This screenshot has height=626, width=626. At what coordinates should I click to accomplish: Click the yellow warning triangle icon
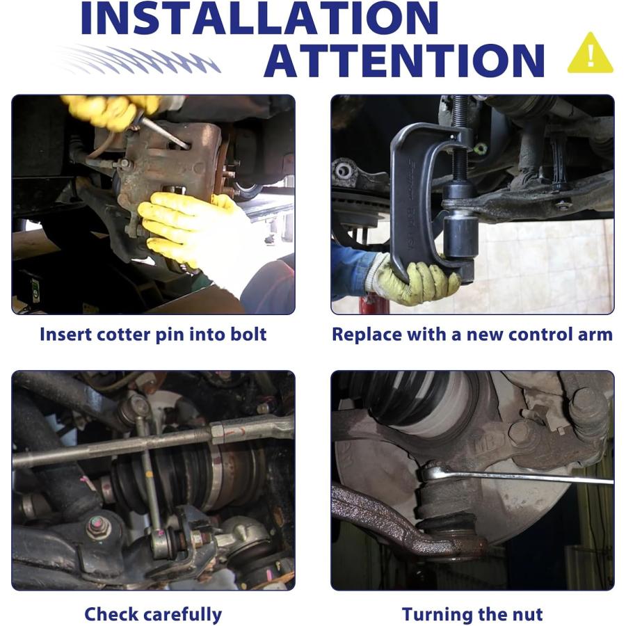(x=590, y=54)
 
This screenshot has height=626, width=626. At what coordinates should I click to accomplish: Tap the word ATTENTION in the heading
(x=404, y=61)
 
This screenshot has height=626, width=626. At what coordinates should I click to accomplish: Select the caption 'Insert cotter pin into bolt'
(x=153, y=335)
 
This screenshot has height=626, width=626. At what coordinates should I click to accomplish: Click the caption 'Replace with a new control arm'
(x=472, y=335)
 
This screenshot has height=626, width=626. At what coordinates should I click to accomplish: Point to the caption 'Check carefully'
(x=153, y=615)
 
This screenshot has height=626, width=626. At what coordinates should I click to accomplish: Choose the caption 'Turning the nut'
(x=472, y=614)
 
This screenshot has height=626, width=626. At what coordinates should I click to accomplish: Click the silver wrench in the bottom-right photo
(x=515, y=475)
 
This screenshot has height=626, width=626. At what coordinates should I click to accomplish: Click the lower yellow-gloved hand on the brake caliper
(x=188, y=227)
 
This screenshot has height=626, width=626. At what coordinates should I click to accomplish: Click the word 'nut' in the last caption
(x=528, y=614)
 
